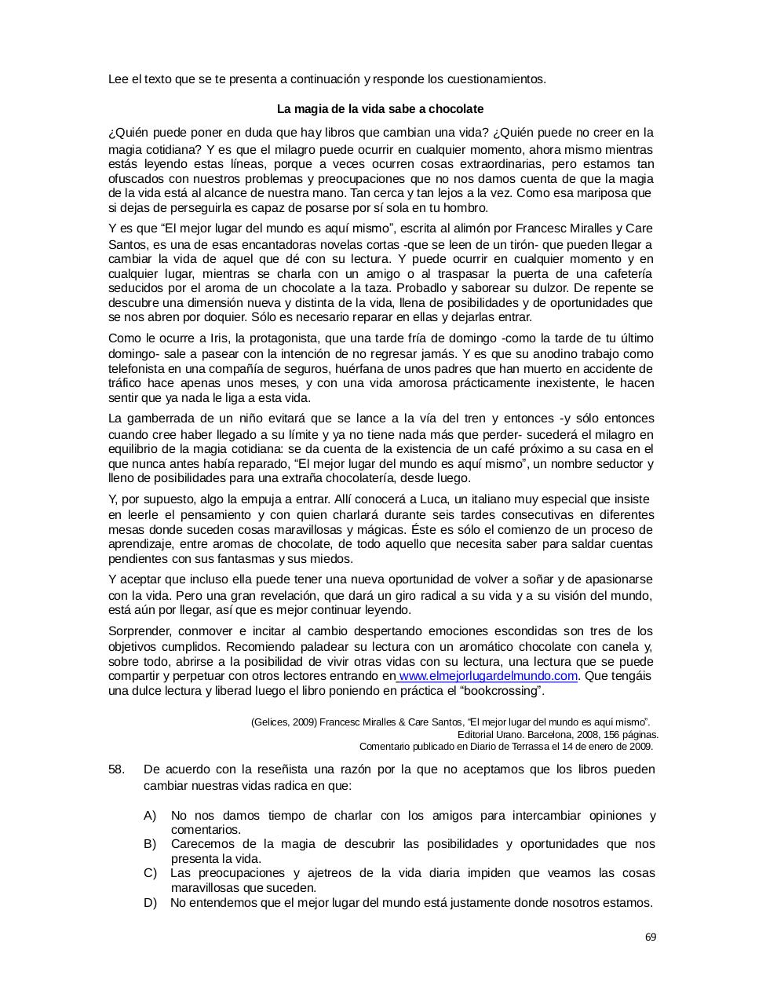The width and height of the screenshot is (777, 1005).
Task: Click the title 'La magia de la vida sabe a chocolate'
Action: tap(380, 109)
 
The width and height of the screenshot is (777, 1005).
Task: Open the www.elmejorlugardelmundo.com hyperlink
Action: tap(488, 676)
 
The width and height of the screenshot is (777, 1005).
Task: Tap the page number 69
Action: tap(651, 937)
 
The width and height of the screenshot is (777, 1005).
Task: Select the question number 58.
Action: tap(116, 769)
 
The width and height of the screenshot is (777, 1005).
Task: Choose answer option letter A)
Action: tap(150, 816)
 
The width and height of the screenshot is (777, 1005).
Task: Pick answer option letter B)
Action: tap(150, 844)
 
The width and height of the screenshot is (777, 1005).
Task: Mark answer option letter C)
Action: tap(150, 873)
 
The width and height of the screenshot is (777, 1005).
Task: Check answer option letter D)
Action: tap(150, 903)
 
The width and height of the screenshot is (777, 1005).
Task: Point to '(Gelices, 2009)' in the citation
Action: tap(284, 722)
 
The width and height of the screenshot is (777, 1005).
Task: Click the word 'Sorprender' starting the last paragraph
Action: tap(139, 631)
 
